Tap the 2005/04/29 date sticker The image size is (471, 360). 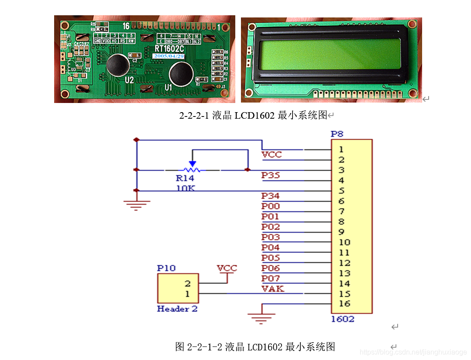(168, 56)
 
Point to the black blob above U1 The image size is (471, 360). (180, 74)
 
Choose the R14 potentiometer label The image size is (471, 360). (185, 178)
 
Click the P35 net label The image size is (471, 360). (271, 175)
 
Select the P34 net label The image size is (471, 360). (271, 196)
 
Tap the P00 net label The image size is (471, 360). (271, 206)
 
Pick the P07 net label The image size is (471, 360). (271, 278)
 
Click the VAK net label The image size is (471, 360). (272, 288)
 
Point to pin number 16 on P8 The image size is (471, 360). (344, 304)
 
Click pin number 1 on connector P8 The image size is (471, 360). (341, 150)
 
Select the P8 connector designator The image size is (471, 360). (337, 134)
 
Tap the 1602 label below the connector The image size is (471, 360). (342, 319)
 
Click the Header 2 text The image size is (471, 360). (177, 309)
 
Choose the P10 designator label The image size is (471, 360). (166, 267)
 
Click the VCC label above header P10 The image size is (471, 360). (227, 268)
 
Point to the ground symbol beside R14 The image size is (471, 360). (137, 204)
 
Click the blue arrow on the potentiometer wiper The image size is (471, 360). (192, 163)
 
